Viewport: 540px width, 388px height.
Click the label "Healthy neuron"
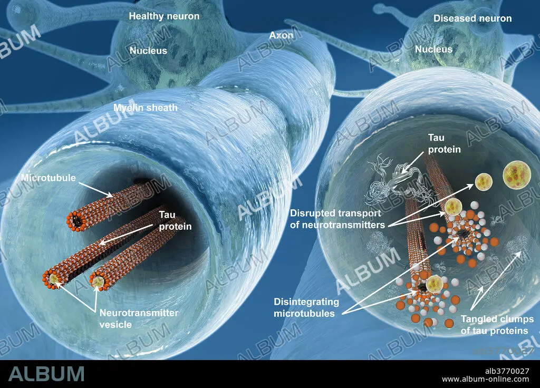[x=164, y=16]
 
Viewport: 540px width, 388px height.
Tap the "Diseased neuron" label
[x=472, y=18]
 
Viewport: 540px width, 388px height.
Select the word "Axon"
[x=281, y=35]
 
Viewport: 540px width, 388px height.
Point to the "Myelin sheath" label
[x=146, y=108]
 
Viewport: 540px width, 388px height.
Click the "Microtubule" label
[x=48, y=178]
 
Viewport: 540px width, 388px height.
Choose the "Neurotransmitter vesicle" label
[x=139, y=318]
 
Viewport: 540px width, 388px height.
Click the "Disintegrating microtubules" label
[x=306, y=307]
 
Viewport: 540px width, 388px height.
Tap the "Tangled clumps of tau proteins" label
[x=497, y=325]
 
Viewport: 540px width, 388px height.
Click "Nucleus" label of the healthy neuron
[x=148, y=51]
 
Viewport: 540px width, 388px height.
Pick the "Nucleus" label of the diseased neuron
[x=433, y=49]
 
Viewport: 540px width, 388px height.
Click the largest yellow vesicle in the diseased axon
[x=517, y=174]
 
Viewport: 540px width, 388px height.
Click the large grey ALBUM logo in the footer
[x=46, y=374]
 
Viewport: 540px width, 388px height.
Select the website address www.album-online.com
[x=485, y=380]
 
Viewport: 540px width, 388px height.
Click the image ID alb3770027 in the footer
[x=507, y=371]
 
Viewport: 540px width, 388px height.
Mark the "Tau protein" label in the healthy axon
[x=175, y=220]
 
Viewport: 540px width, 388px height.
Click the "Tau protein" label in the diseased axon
[x=444, y=143]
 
